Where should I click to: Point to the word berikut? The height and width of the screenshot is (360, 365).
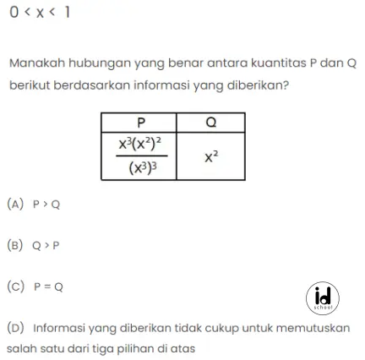click(30, 85)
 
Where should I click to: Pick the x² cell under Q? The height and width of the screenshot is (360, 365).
click(211, 155)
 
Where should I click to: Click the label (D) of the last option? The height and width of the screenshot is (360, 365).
click(17, 326)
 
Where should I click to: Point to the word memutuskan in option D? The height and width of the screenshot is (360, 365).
click(312, 326)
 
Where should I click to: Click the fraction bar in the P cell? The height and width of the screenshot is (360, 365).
click(139, 155)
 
